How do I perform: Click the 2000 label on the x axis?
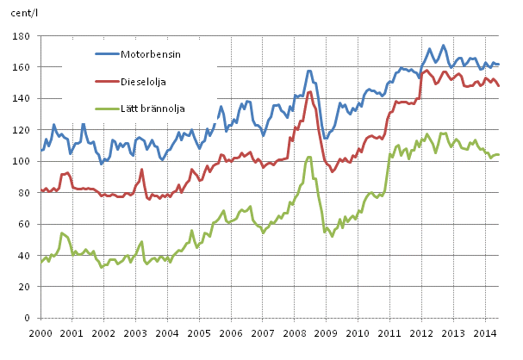point(40,333)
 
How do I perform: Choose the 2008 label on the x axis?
point(295,333)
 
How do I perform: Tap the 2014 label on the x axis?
point(485,333)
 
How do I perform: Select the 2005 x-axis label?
point(199,333)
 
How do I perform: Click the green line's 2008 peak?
point(309,157)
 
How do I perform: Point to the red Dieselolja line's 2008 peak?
point(310,91)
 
